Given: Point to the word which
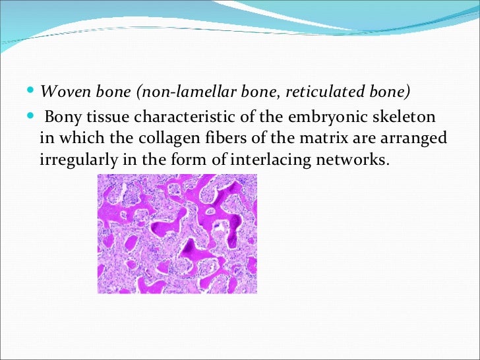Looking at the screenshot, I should pyautogui.click(x=69, y=138).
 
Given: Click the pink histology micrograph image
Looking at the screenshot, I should pyautogui.click(x=177, y=233).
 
